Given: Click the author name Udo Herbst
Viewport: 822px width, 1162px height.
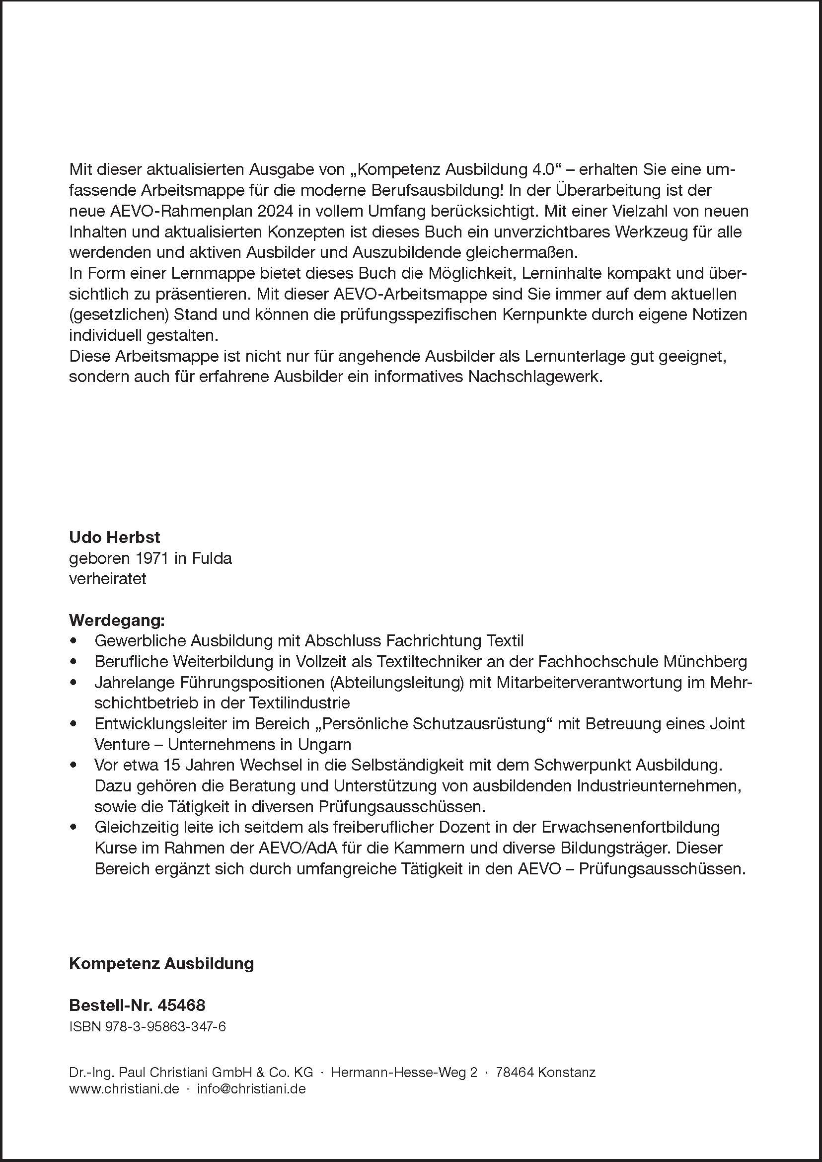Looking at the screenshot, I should pyautogui.click(x=114, y=537).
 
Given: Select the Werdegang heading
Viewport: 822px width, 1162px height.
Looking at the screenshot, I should pyautogui.click(x=116, y=620).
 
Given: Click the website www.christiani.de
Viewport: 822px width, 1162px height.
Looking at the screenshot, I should pyautogui.click(x=124, y=1088).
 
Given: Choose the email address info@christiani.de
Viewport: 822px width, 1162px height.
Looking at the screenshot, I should pyautogui.click(x=251, y=1088).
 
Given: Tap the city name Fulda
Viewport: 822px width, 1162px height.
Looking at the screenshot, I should pyautogui.click(x=212, y=558).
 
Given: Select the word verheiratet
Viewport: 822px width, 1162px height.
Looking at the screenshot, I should pyautogui.click(x=107, y=579).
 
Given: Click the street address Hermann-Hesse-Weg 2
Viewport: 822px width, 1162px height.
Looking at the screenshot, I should pyautogui.click(x=403, y=1073).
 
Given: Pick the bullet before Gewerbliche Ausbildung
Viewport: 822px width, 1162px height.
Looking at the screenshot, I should pyautogui.click(x=74, y=641).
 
